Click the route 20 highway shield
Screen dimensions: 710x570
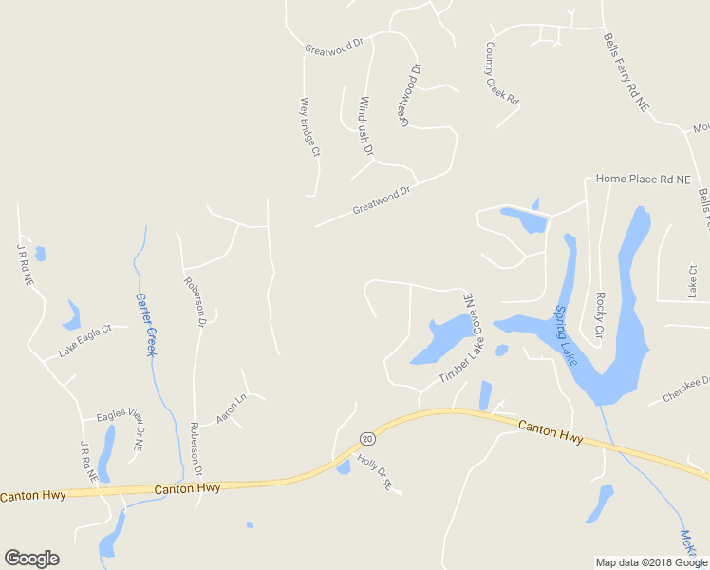click(366, 438)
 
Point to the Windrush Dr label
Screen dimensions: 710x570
click(365, 124)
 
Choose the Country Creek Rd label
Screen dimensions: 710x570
click(502, 72)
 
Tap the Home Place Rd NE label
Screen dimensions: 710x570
click(643, 179)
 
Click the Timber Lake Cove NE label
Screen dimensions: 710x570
click(457, 339)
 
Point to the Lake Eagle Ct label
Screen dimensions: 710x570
click(84, 340)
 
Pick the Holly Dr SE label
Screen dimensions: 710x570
click(374, 471)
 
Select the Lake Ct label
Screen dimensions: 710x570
click(691, 279)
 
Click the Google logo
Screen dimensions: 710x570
click(31, 559)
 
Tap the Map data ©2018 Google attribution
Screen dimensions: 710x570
click(651, 562)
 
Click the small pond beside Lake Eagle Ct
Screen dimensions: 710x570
click(72, 313)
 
